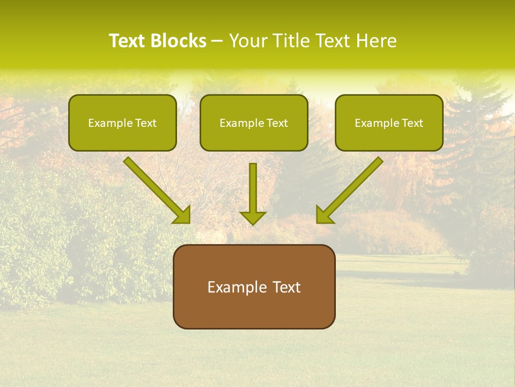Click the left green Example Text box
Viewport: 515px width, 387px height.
tap(122, 123)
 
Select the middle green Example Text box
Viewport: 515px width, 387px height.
tap(254, 123)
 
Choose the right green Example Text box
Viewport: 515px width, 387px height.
tap(389, 123)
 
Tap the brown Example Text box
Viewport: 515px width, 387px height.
tap(254, 286)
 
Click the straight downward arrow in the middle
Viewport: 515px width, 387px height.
tap(253, 188)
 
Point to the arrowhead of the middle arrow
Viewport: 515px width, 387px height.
tap(253, 218)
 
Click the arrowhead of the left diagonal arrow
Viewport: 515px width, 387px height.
tap(182, 215)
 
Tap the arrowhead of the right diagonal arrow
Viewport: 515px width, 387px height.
tap(324, 215)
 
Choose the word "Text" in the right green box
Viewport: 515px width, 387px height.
tap(413, 123)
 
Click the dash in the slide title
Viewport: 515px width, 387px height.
tap(217, 41)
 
